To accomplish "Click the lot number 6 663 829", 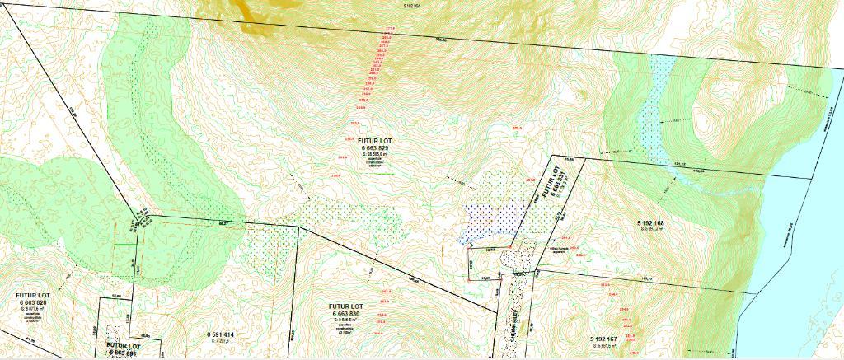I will (x=368, y=148).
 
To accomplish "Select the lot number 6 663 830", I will (x=346, y=315).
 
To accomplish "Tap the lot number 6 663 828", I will (x=33, y=303).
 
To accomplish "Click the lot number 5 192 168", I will (x=650, y=223).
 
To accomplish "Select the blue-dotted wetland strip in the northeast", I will (x=651, y=107).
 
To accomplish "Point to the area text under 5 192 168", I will (x=650, y=230).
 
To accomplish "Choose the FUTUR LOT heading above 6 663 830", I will (x=346, y=306).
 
